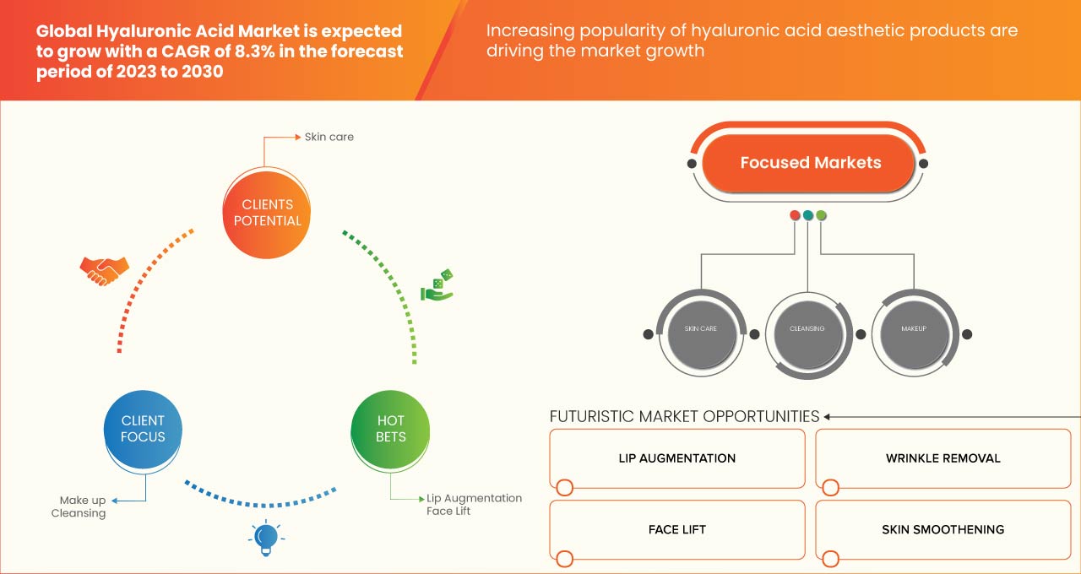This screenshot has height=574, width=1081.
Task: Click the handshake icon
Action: [x=104, y=270]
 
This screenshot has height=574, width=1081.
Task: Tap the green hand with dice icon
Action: [x=437, y=285]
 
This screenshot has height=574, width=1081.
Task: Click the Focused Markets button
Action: [x=810, y=163]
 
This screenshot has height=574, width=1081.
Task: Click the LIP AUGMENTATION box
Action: [x=676, y=458]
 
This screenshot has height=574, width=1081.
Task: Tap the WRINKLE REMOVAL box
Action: [x=942, y=458]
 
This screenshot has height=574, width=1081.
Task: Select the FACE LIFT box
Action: [x=676, y=530]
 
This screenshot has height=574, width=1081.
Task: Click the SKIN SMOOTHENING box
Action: [x=942, y=530]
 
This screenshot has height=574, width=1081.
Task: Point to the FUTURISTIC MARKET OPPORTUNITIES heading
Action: [x=684, y=416]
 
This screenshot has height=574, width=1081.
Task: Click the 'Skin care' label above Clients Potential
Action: [x=329, y=137]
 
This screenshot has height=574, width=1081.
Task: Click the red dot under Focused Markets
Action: [x=795, y=215]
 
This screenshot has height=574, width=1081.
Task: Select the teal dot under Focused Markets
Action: [x=808, y=215]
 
